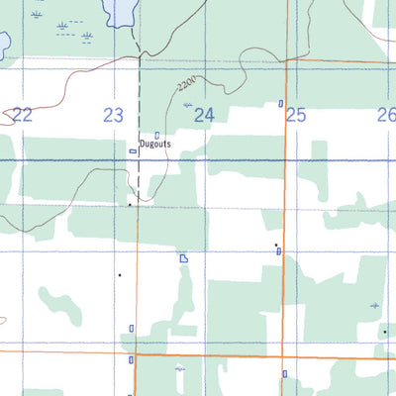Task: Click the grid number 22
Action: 23,116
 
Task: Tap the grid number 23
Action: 113,116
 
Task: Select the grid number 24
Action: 204,116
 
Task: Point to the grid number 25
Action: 295,116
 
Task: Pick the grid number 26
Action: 385,116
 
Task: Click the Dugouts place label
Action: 154,145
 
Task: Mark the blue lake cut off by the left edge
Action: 3,42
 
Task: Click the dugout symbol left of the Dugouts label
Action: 133,151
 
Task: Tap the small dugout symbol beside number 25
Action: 282,103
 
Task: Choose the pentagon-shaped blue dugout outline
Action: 184,258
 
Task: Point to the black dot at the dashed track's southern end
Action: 130,205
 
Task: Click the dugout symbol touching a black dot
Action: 278,248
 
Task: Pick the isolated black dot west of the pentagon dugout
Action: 120,274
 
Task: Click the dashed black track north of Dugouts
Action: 139,89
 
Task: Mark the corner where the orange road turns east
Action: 285,61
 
